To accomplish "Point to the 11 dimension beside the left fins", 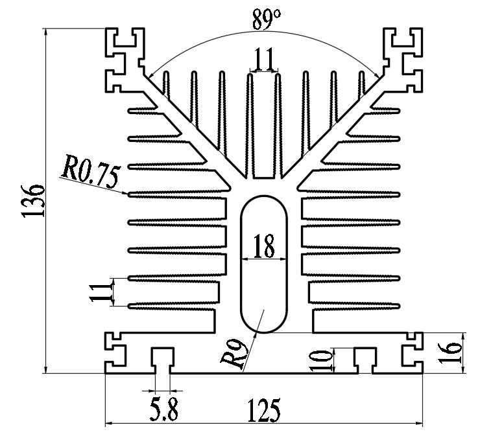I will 98,292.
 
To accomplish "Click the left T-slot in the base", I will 162,358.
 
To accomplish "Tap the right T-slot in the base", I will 365,358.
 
